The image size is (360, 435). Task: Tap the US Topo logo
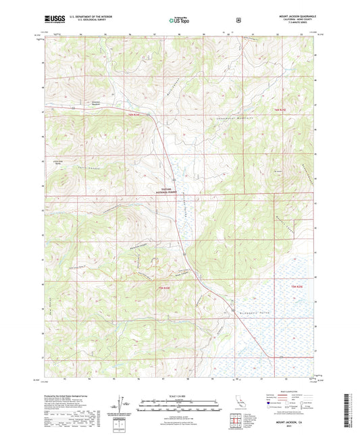point(180,20)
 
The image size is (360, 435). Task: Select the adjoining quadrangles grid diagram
point(237,422)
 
